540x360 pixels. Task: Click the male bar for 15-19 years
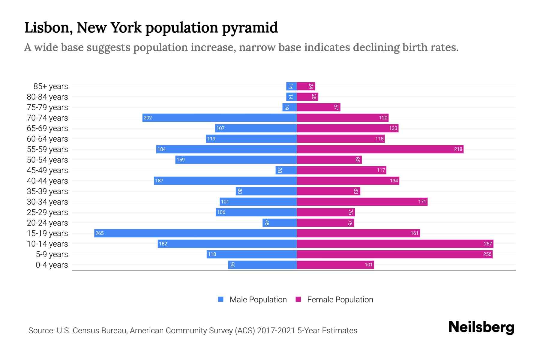tap(195, 233)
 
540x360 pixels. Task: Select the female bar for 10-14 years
tap(395, 244)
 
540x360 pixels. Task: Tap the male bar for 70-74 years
tap(219, 118)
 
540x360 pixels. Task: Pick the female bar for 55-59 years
tap(380, 149)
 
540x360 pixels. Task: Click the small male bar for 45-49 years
tap(286, 170)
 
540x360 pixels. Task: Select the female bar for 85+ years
tap(306, 86)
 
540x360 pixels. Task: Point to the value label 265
tap(100, 233)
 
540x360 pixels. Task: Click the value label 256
tap(487, 254)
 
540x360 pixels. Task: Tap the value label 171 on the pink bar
tap(422, 202)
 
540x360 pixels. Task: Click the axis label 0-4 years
tap(52, 265)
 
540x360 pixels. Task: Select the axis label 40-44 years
tap(47, 181)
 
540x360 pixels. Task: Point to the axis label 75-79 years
tap(47, 107)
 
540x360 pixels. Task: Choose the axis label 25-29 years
tap(47, 212)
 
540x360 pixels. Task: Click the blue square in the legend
tap(221, 299)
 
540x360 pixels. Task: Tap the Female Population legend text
tap(340, 299)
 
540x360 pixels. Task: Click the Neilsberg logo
tap(481, 327)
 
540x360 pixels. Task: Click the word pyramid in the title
tap(250, 28)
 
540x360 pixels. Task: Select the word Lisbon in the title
tap(48, 28)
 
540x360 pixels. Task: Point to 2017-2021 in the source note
tap(276, 331)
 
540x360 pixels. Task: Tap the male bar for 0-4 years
tap(262, 265)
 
